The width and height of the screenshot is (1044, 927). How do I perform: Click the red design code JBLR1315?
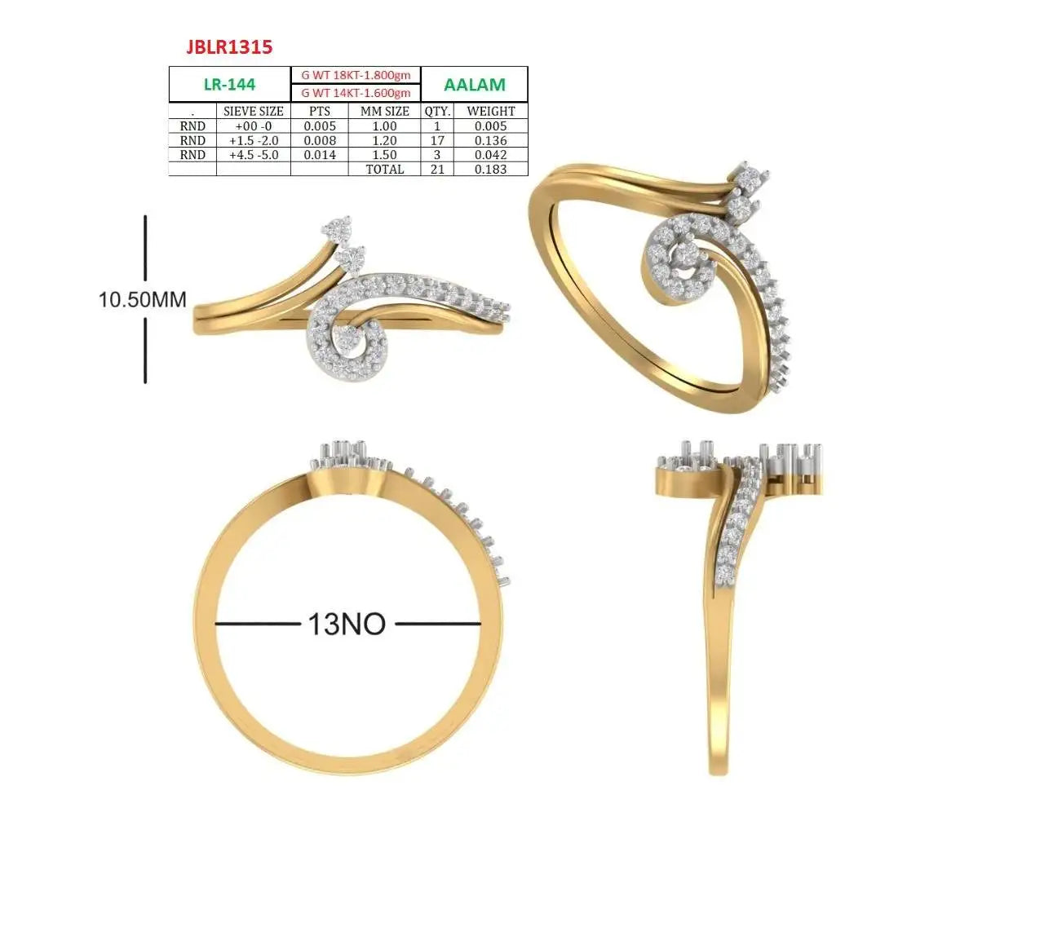click(x=229, y=47)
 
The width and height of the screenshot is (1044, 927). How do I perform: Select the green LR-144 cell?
click(x=229, y=84)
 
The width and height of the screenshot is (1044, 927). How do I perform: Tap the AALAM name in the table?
click(x=474, y=84)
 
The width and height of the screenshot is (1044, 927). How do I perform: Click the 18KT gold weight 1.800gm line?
click(x=356, y=75)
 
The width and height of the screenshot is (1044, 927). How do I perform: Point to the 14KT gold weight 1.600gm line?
click(x=356, y=93)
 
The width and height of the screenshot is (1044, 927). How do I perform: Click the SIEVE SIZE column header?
click(x=253, y=112)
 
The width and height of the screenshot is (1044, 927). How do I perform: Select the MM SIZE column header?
click(x=384, y=112)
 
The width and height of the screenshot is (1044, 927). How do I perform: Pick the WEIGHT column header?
click(x=490, y=112)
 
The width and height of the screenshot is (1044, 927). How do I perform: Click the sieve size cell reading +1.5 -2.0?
click(x=253, y=141)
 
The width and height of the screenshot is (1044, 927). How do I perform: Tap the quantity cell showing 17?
click(x=437, y=141)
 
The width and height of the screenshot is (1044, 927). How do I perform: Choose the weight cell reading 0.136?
click(x=490, y=141)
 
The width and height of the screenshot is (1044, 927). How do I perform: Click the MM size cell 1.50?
click(x=384, y=155)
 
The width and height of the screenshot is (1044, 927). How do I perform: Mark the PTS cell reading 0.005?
click(x=320, y=126)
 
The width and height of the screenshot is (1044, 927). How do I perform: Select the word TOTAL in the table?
click(x=384, y=170)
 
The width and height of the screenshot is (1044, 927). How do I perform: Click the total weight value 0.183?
click(x=490, y=170)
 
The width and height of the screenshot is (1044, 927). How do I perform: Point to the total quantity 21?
click(x=437, y=170)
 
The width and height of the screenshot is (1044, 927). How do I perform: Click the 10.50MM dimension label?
click(x=142, y=299)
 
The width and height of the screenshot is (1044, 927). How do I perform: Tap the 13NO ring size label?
click(x=347, y=624)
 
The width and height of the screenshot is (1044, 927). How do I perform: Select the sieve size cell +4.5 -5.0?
click(x=253, y=155)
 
